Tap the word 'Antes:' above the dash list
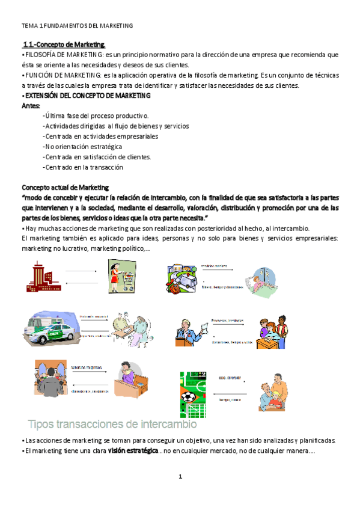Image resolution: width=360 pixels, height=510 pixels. (x=31, y=105)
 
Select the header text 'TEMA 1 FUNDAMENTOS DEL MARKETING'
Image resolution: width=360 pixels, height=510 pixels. (x=77, y=26)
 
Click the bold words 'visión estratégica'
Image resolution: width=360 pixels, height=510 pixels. (x=133, y=451)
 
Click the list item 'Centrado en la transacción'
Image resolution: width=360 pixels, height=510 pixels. (x=83, y=167)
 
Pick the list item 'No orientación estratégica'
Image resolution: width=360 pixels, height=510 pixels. (x=83, y=147)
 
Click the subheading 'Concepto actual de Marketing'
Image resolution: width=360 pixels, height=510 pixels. (x=65, y=188)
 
